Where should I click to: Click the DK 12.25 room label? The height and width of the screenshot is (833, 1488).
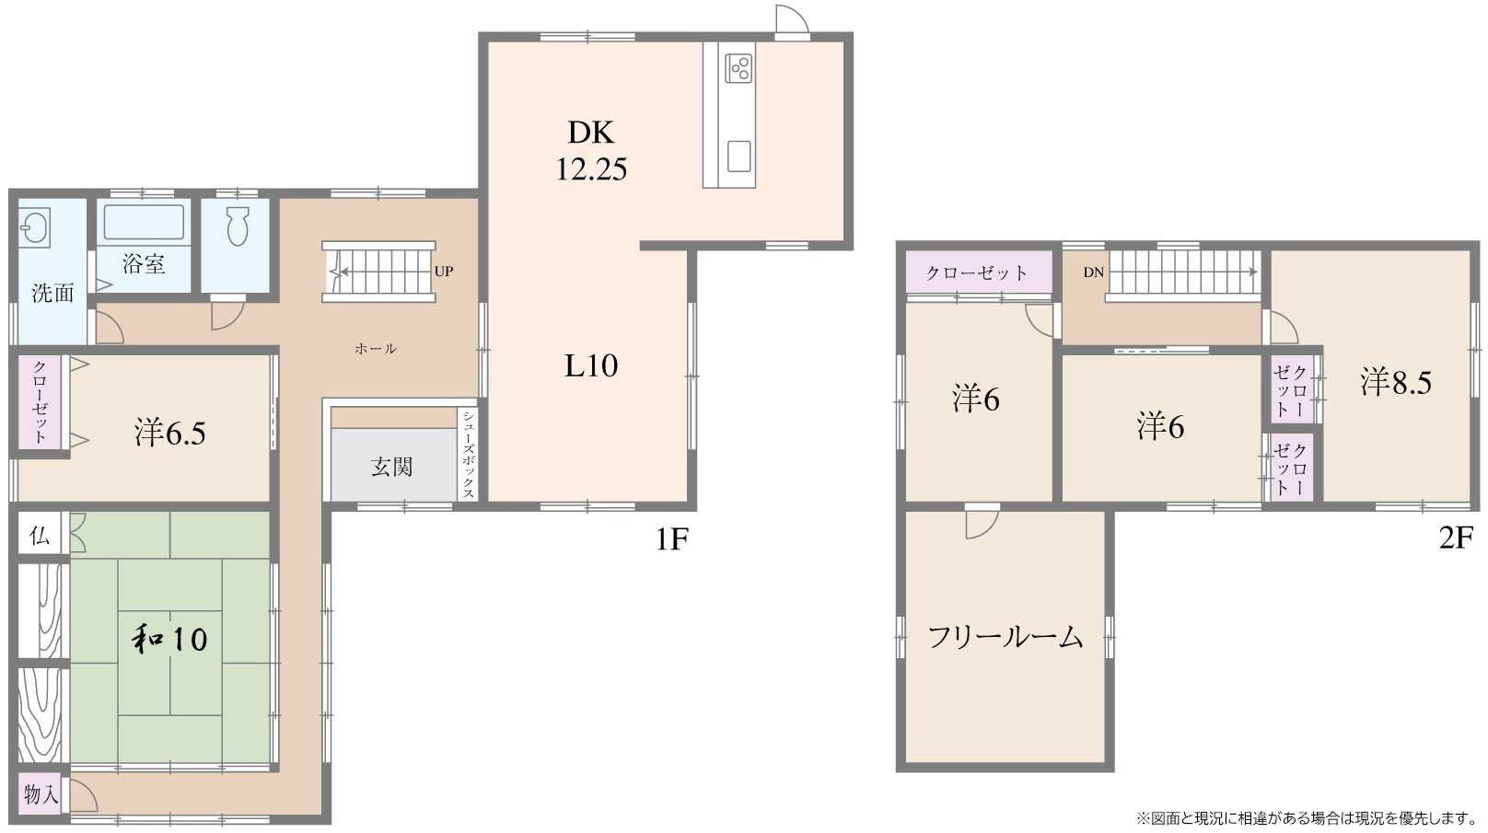coord(590,151)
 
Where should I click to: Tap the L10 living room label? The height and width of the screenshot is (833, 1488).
coord(590,366)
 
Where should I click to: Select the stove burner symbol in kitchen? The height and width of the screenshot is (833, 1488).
coord(738,67)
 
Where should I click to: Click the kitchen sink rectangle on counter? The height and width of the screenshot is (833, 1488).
coord(738,156)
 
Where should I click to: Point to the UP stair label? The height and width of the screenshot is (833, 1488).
coord(444,272)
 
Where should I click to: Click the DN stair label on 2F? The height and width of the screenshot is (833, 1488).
coord(1093,272)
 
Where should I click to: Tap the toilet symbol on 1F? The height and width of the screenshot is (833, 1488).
coord(238,226)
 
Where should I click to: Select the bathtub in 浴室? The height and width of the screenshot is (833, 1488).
coord(144,223)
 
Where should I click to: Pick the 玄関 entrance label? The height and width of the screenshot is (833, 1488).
coord(392,467)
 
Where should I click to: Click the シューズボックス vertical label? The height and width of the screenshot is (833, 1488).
coord(468,454)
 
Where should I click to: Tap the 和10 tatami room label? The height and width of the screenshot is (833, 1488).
coord(169,638)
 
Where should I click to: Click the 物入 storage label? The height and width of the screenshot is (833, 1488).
coord(41,793)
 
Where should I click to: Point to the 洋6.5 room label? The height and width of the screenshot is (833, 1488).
coord(169,433)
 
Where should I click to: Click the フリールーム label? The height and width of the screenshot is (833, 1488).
coord(1005,637)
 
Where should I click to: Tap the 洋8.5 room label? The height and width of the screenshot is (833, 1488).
coord(1396,381)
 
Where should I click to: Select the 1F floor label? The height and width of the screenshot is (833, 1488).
coord(672,539)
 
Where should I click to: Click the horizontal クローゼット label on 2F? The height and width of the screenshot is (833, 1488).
coord(977,272)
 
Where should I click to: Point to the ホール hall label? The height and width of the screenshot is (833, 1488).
coord(376,349)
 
